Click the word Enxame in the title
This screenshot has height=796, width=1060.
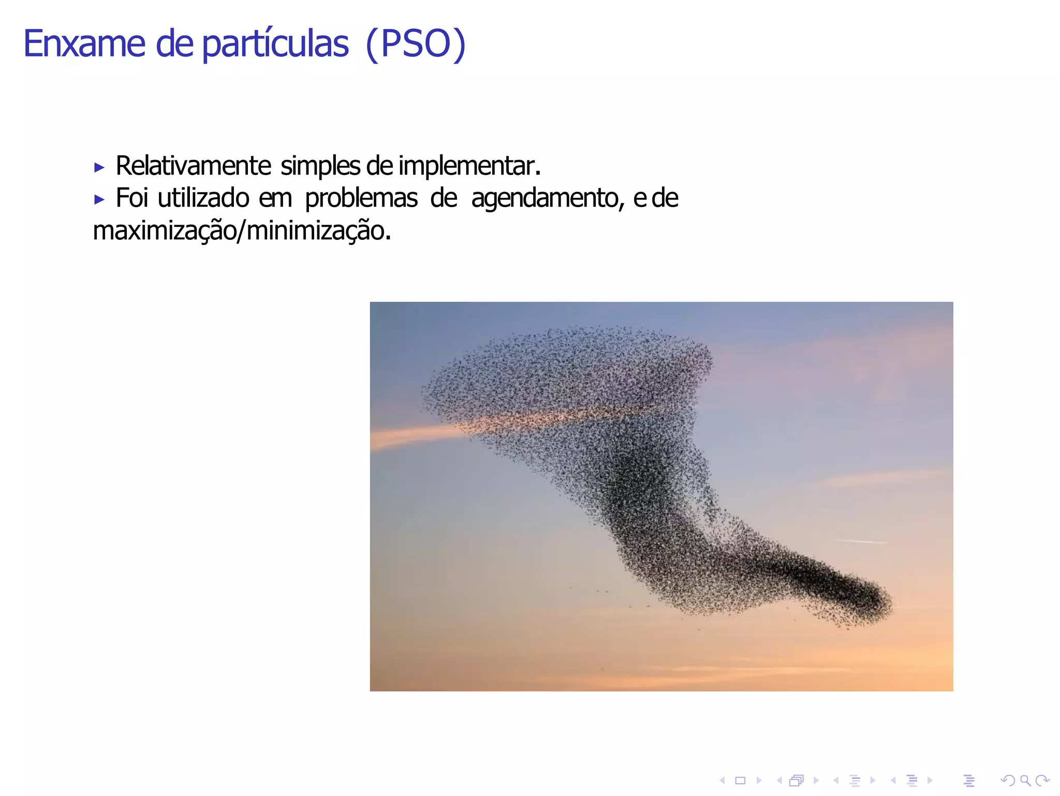[84, 44]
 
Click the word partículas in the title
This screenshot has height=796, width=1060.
[275, 44]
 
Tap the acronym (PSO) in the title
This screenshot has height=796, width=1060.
[416, 44]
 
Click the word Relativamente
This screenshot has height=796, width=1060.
[193, 166]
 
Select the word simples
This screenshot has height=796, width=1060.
[320, 166]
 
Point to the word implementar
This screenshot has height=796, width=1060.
[468, 166]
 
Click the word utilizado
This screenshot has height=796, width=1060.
[203, 198]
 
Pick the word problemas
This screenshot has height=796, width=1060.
[361, 198]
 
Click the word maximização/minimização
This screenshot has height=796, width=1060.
[242, 231]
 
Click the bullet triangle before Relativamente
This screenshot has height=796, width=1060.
[99, 167]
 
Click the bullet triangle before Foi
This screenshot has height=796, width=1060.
[99, 199]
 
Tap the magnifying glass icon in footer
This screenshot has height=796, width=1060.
[1025, 780]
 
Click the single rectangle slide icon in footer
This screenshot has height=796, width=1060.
[740, 780]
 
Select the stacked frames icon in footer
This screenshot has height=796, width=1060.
[797, 780]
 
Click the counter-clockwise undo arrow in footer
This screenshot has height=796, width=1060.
[1008, 780]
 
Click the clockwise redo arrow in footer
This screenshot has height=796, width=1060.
[1042, 780]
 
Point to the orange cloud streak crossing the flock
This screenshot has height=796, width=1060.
[414, 435]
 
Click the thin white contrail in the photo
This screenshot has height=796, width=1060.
[862, 542]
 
